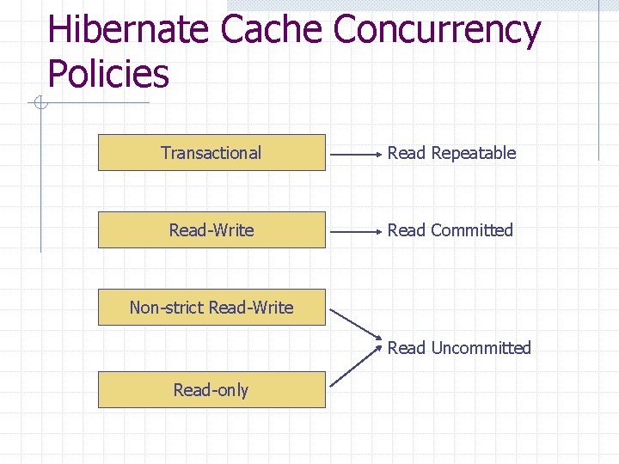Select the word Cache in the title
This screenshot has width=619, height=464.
click(270, 31)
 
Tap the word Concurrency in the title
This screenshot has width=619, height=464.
click(437, 31)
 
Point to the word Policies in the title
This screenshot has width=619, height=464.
click(108, 74)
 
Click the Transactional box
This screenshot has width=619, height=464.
click(211, 153)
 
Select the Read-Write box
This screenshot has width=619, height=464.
click(211, 230)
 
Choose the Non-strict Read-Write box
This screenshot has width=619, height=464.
click(211, 308)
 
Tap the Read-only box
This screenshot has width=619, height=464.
click(211, 390)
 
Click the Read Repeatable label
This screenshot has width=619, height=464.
click(451, 153)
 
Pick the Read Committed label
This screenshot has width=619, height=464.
click(450, 230)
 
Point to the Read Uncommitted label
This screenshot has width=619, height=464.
click(459, 348)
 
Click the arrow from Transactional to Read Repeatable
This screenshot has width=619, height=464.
click(356, 156)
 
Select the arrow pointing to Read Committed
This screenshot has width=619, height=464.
click(356, 232)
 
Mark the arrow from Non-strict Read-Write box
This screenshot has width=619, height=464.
click(355, 323)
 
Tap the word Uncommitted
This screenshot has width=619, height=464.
click(481, 348)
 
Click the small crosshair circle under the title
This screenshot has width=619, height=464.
click(40, 104)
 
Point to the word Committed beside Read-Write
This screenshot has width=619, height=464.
click(471, 230)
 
